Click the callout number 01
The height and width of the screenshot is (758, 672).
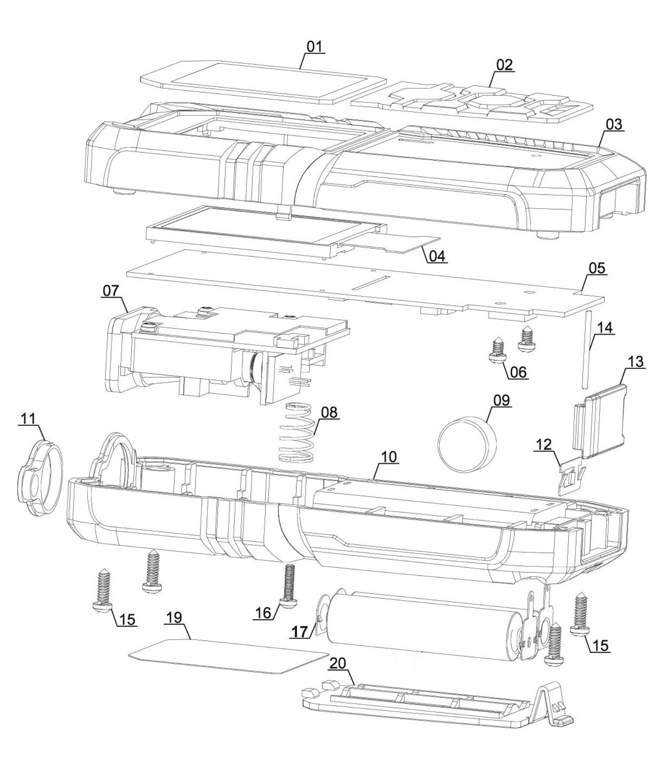click(314, 46)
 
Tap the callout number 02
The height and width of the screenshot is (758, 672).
click(504, 64)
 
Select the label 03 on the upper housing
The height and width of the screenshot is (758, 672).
click(613, 124)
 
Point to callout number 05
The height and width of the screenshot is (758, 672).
click(597, 268)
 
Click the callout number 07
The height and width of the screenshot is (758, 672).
click(110, 291)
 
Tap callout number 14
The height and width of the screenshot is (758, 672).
click(604, 327)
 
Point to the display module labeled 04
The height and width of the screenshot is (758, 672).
click(264, 232)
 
